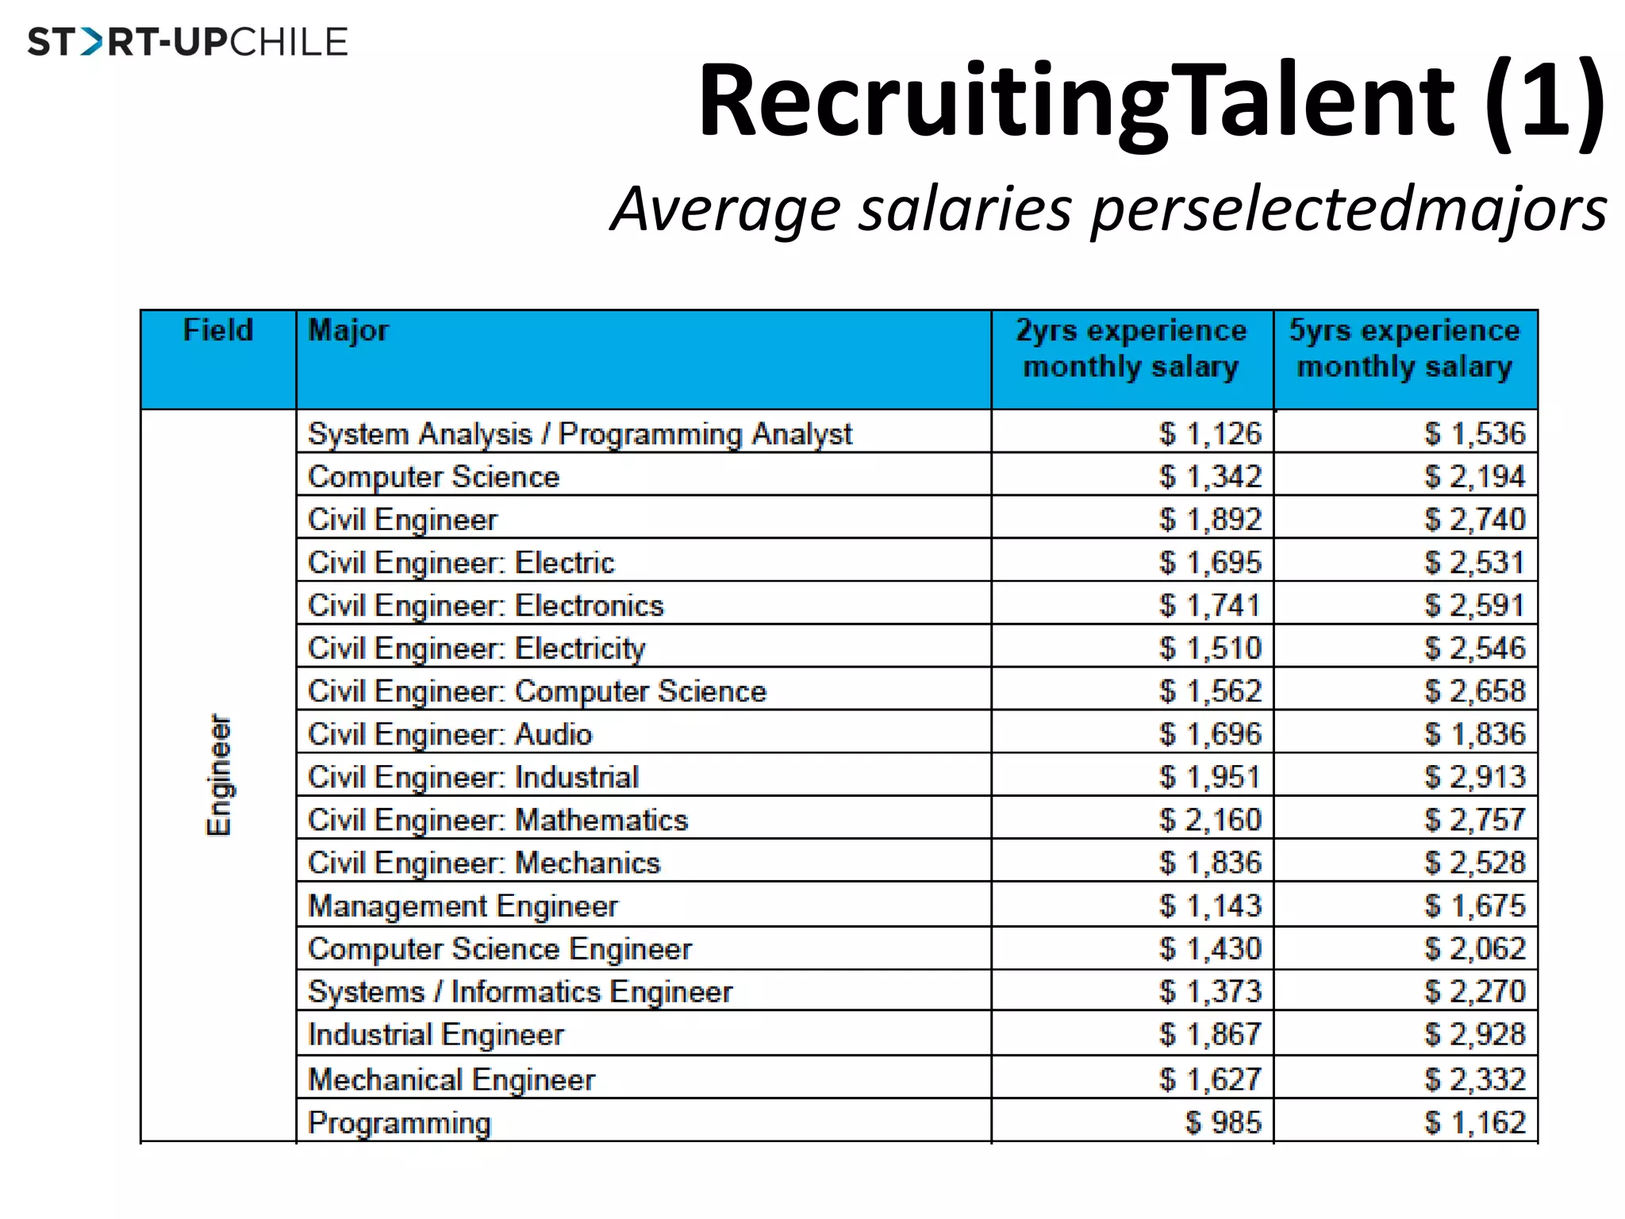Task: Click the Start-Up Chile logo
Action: pyautogui.click(x=188, y=42)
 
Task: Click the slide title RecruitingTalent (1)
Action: pyautogui.click(x=1151, y=102)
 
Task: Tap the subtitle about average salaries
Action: pyautogui.click(x=1108, y=209)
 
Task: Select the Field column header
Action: pyautogui.click(x=217, y=330)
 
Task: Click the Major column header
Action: pyautogui.click(x=348, y=330)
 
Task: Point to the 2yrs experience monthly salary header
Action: pyautogui.click(x=1131, y=348)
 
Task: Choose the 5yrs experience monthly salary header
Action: pyautogui.click(x=1404, y=348)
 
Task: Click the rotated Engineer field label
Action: pyautogui.click(x=219, y=775)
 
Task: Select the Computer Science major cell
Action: pyautogui.click(x=433, y=477)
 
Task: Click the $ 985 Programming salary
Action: pyautogui.click(x=1223, y=1122)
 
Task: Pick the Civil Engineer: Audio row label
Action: pyautogui.click(x=450, y=734)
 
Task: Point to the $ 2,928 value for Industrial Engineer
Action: pyautogui.click(x=1474, y=1034)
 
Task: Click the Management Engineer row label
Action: pyautogui.click(x=463, y=906)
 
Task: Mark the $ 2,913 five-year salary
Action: pyautogui.click(x=1474, y=777)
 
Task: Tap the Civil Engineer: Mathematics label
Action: pyautogui.click(x=497, y=820)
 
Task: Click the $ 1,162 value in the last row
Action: pyautogui.click(x=1474, y=1122)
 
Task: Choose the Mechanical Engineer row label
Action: pyautogui.click(x=451, y=1079)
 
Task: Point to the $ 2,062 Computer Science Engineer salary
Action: pyautogui.click(x=1474, y=948)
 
